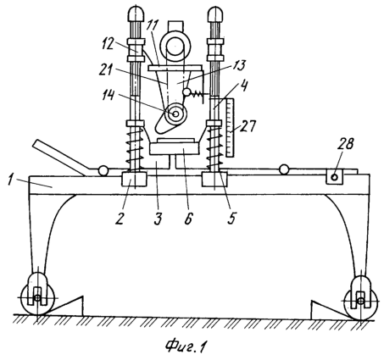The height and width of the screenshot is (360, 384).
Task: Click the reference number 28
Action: click(x=346, y=144)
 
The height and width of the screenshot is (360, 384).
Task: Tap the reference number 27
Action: click(x=248, y=126)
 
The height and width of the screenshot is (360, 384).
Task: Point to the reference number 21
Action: click(x=106, y=69)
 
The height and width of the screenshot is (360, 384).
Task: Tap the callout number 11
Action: click(x=153, y=26)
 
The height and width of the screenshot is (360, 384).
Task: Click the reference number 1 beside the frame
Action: click(x=11, y=180)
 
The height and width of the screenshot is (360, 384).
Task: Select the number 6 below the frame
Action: click(x=188, y=218)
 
